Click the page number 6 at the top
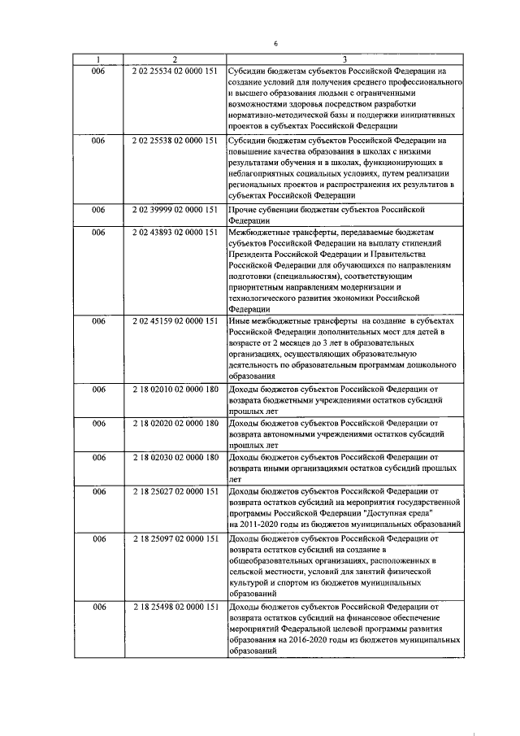[x=275, y=42]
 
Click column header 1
[x=98, y=59]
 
